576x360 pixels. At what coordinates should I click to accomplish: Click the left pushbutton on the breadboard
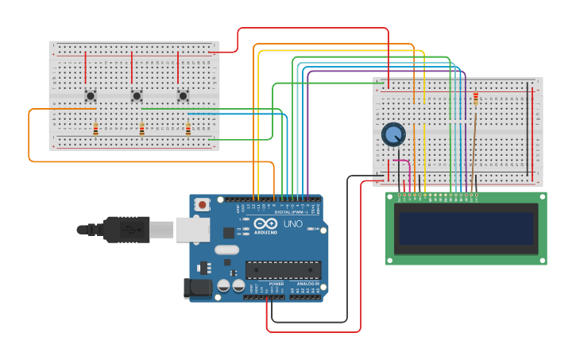pyautogui.click(x=91, y=96)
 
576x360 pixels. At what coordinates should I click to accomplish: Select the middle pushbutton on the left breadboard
pyautogui.click(x=137, y=96)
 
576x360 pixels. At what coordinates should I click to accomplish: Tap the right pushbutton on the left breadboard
pyautogui.click(x=183, y=96)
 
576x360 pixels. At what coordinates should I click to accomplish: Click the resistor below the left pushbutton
pyautogui.click(x=95, y=129)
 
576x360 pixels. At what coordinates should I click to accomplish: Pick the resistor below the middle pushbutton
pyautogui.click(x=141, y=129)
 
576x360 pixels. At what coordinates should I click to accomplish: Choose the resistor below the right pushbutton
pyautogui.click(x=187, y=129)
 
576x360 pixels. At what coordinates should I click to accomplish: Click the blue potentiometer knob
pyautogui.click(x=393, y=134)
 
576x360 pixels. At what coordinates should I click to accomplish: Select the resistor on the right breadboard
pyautogui.click(x=475, y=99)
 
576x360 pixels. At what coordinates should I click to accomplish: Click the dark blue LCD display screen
pyautogui.click(x=466, y=228)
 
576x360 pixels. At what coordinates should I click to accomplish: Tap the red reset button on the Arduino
pyautogui.click(x=203, y=204)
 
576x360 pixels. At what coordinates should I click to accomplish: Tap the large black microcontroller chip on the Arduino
pyautogui.click(x=283, y=270)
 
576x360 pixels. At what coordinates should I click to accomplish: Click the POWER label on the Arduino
pyautogui.click(x=276, y=284)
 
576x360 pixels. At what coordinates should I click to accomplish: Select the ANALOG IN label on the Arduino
pyautogui.click(x=307, y=284)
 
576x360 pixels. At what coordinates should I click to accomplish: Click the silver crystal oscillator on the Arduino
pyautogui.click(x=226, y=250)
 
